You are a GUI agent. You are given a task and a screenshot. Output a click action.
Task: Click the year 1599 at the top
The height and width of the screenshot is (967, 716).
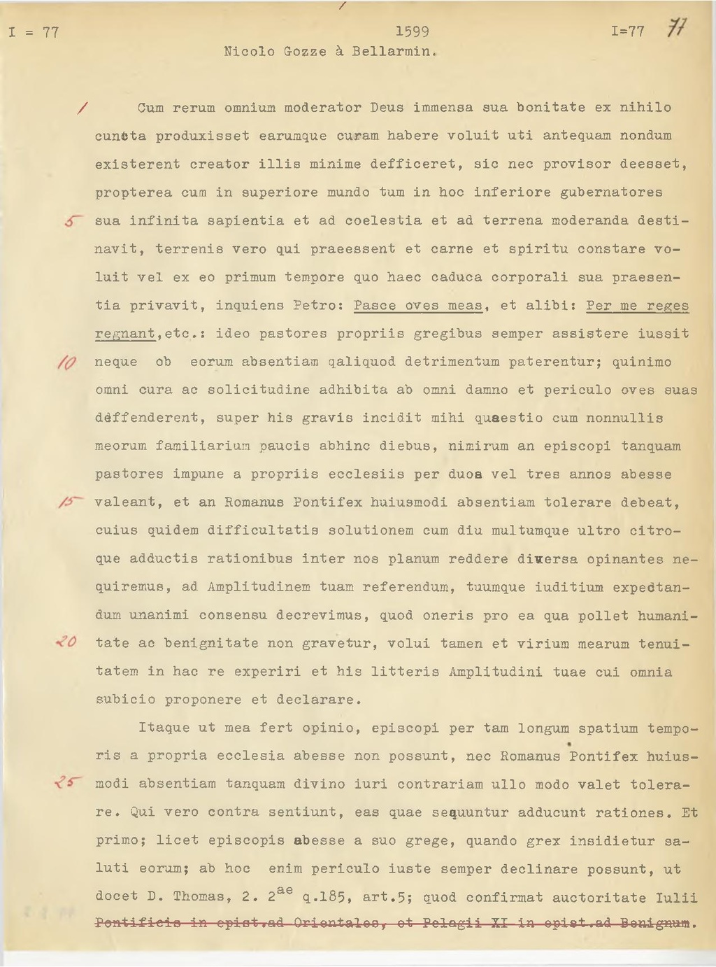coord(412,31)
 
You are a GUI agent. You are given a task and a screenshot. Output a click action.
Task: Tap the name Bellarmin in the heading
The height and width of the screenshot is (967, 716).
coord(395,52)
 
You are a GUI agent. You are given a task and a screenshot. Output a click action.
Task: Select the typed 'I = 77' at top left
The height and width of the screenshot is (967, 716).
coord(34,32)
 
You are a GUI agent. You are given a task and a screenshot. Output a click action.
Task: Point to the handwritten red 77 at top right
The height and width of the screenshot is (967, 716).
coord(678,29)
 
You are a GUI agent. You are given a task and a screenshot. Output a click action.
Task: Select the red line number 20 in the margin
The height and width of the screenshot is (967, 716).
coord(68,642)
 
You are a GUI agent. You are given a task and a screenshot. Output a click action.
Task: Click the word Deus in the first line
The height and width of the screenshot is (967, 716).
coord(387,108)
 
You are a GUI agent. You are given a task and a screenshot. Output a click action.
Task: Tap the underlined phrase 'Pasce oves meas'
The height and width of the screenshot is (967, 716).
coord(418,306)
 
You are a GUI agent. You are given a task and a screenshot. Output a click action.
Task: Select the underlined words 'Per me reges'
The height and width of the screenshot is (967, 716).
coord(637,306)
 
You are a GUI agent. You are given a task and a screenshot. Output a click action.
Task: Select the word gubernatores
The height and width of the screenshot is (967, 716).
coord(612,192)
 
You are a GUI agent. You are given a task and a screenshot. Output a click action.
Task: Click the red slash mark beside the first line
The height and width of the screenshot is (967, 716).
coord(83,108)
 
